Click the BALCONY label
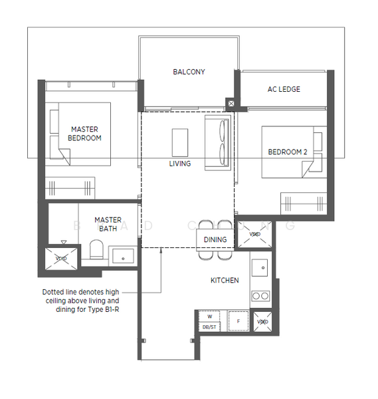click(x=189, y=72)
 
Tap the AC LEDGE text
click(x=284, y=89)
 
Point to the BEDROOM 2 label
click(x=287, y=152)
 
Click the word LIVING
click(x=180, y=164)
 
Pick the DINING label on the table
click(x=215, y=239)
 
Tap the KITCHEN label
click(x=225, y=281)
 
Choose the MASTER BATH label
click(x=107, y=223)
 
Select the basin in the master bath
click(x=123, y=255)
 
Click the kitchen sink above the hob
click(x=261, y=269)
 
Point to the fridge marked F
click(x=238, y=321)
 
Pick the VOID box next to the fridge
click(x=262, y=322)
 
